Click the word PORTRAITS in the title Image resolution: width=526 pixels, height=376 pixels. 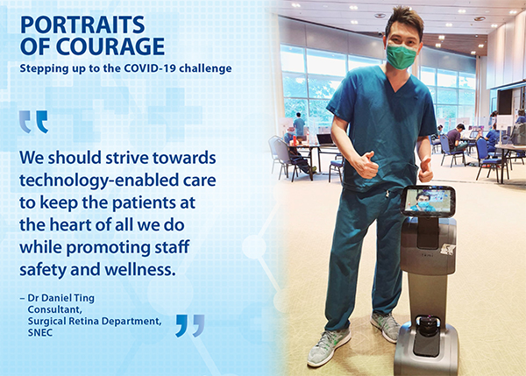tap(82, 25)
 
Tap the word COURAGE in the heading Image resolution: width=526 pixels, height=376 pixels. tap(110, 46)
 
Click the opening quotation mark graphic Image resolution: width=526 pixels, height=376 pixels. tap(33, 122)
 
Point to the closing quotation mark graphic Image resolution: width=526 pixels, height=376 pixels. tap(190, 325)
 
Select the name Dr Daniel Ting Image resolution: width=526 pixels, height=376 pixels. tap(60, 298)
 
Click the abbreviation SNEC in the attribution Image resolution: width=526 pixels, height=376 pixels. tap(40, 333)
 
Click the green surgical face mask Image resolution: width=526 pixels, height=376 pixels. tap(402, 56)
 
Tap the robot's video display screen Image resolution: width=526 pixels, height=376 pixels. tap(428, 200)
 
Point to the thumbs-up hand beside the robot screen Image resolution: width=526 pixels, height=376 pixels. tap(425, 170)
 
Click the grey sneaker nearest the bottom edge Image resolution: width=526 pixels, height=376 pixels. tap(329, 347)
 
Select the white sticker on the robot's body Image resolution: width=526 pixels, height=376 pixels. tap(448, 249)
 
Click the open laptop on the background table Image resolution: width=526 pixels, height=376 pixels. tap(325, 139)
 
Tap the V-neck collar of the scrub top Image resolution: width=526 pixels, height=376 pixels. tap(399, 81)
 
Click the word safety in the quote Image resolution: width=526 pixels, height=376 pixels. tap(43, 270)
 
